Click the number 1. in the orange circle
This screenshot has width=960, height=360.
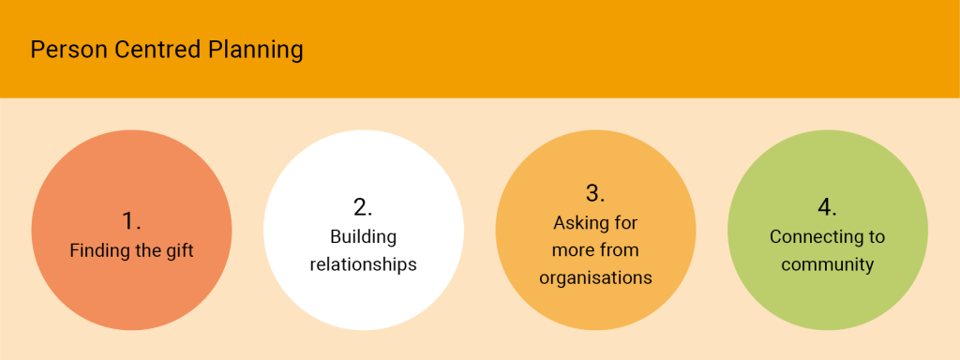click(x=131, y=221)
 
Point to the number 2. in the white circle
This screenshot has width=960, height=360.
click(x=363, y=206)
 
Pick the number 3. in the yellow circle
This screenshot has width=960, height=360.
click(x=595, y=193)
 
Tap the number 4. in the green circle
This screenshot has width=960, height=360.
click(x=827, y=206)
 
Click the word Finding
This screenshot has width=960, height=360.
click(x=99, y=251)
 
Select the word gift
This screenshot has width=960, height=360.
click(x=177, y=251)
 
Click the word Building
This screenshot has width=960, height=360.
click(x=363, y=237)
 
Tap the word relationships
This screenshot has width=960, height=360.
click(x=363, y=264)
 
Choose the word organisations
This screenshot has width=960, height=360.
click(x=595, y=277)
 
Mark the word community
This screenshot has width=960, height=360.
click(x=827, y=264)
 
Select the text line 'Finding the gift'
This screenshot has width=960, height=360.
click(x=131, y=251)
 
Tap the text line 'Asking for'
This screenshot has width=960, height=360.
click(x=595, y=224)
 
